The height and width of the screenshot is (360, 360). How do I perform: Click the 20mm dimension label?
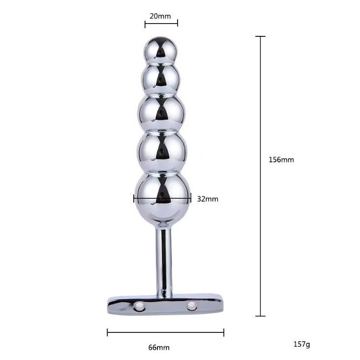pyautogui.click(x=160, y=16)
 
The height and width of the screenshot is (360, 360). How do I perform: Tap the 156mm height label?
pyautogui.click(x=281, y=159)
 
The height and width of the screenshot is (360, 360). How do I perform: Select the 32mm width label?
pyautogui.click(x=208, y=199)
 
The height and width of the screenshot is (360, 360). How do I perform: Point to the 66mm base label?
pyautogui.click(x=159, y=347)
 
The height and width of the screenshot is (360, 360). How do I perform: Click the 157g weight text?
pyautogui.click(x=301, y=344)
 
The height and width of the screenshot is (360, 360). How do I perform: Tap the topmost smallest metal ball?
pyautogui.click(x=161, y=50)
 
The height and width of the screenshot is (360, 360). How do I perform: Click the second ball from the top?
pyautogui.click(x=160, y=79)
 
